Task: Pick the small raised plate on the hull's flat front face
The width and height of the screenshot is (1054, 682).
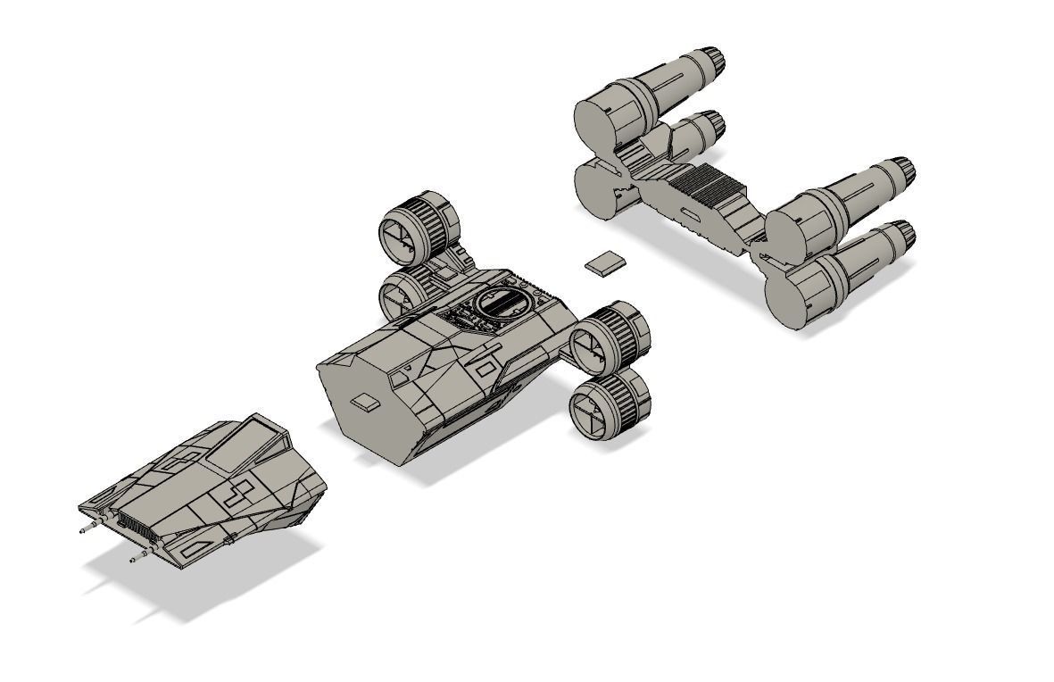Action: [365, 402]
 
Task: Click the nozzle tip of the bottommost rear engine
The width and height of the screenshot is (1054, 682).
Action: [902, 237]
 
